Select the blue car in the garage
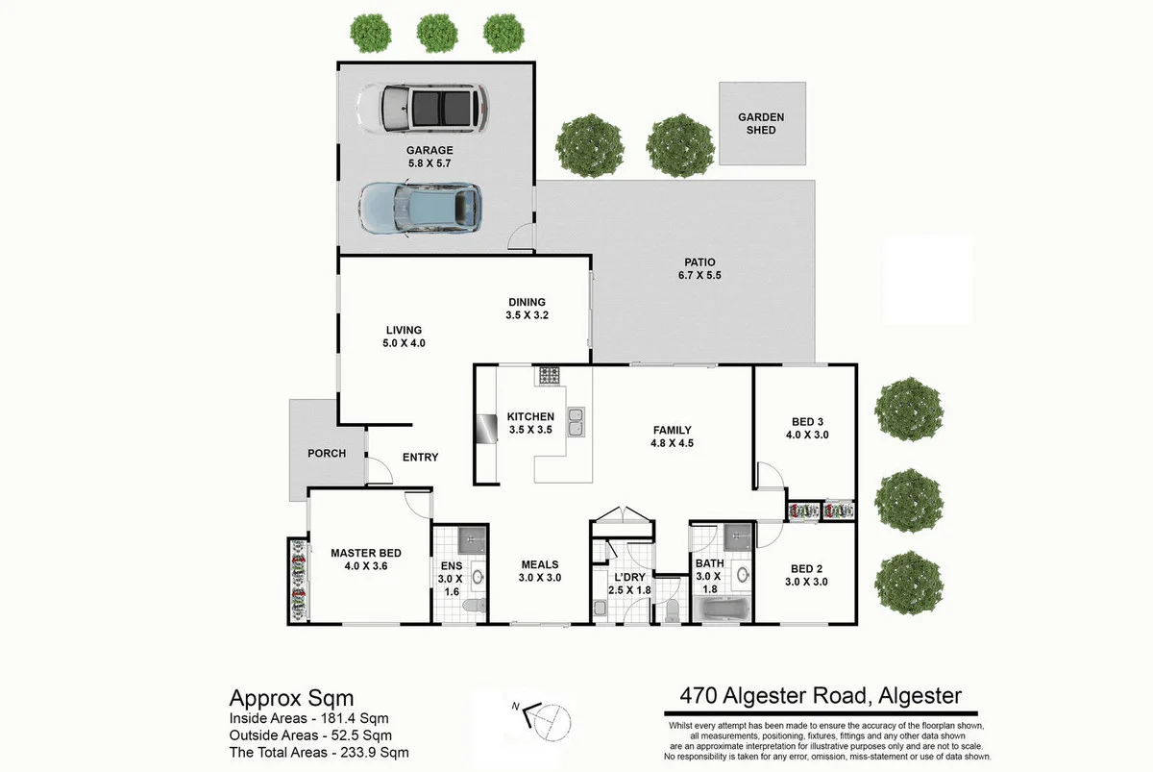point(419,208)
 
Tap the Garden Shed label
point(761,123)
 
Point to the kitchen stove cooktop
point(551,375)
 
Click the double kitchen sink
point(576,422)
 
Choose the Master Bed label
point(365,553)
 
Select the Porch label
point(327,454)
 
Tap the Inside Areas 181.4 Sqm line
point(309,717)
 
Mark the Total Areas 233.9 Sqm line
point(318,753)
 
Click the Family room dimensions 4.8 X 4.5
point(672,444)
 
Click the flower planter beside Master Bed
point(297,581)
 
